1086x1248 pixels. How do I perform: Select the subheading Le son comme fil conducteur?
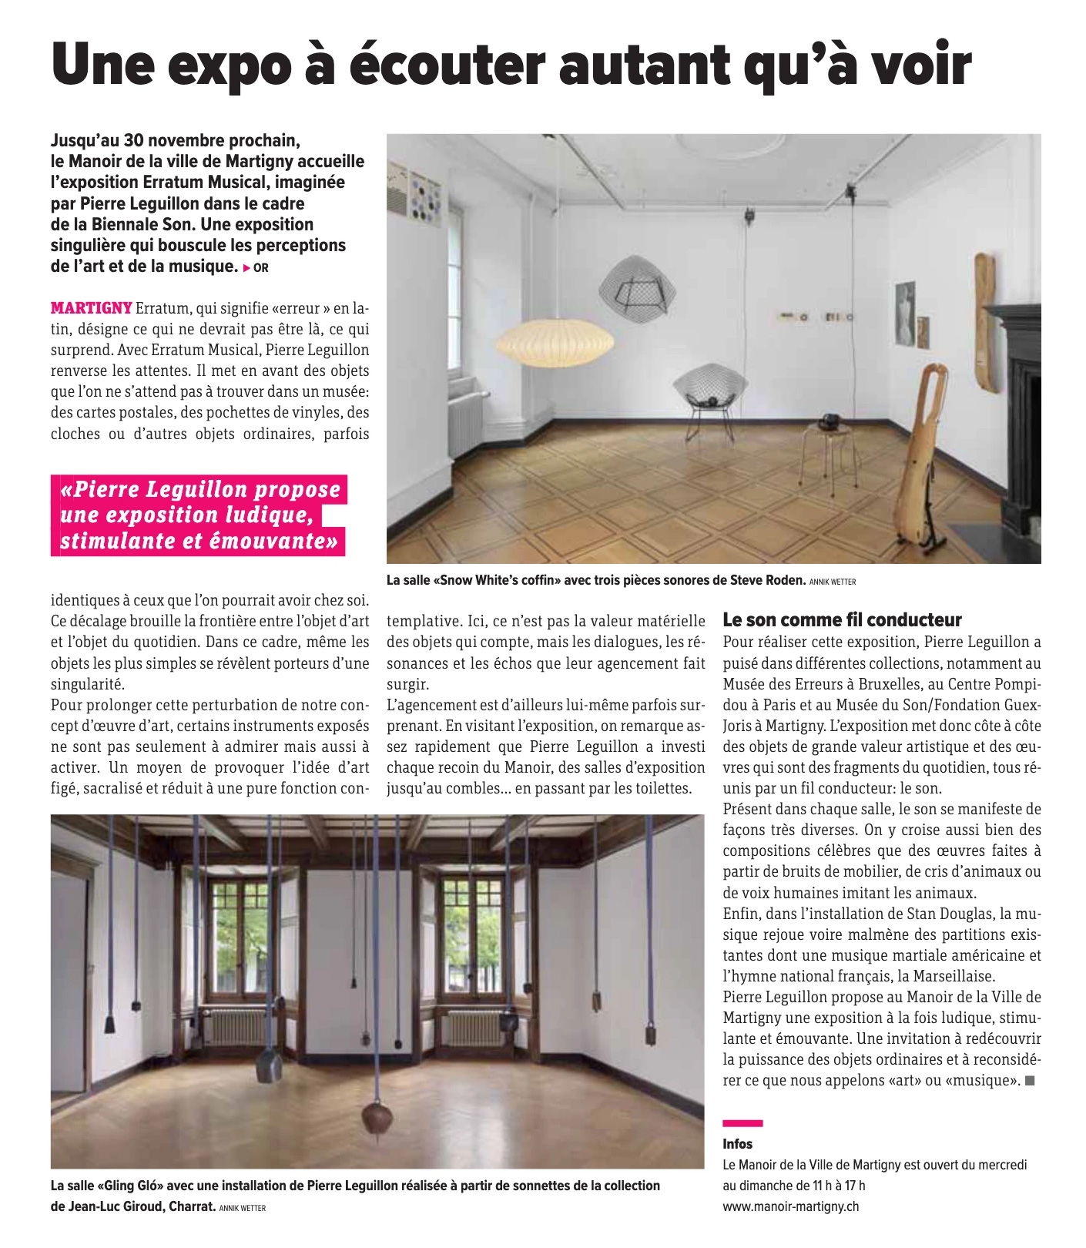842,620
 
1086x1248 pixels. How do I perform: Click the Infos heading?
737,1144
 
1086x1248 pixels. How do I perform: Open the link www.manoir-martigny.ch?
790,1206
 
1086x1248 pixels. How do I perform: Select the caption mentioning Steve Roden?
595,581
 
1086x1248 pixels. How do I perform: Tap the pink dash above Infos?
742,1123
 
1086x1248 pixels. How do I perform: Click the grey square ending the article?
1031,1081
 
